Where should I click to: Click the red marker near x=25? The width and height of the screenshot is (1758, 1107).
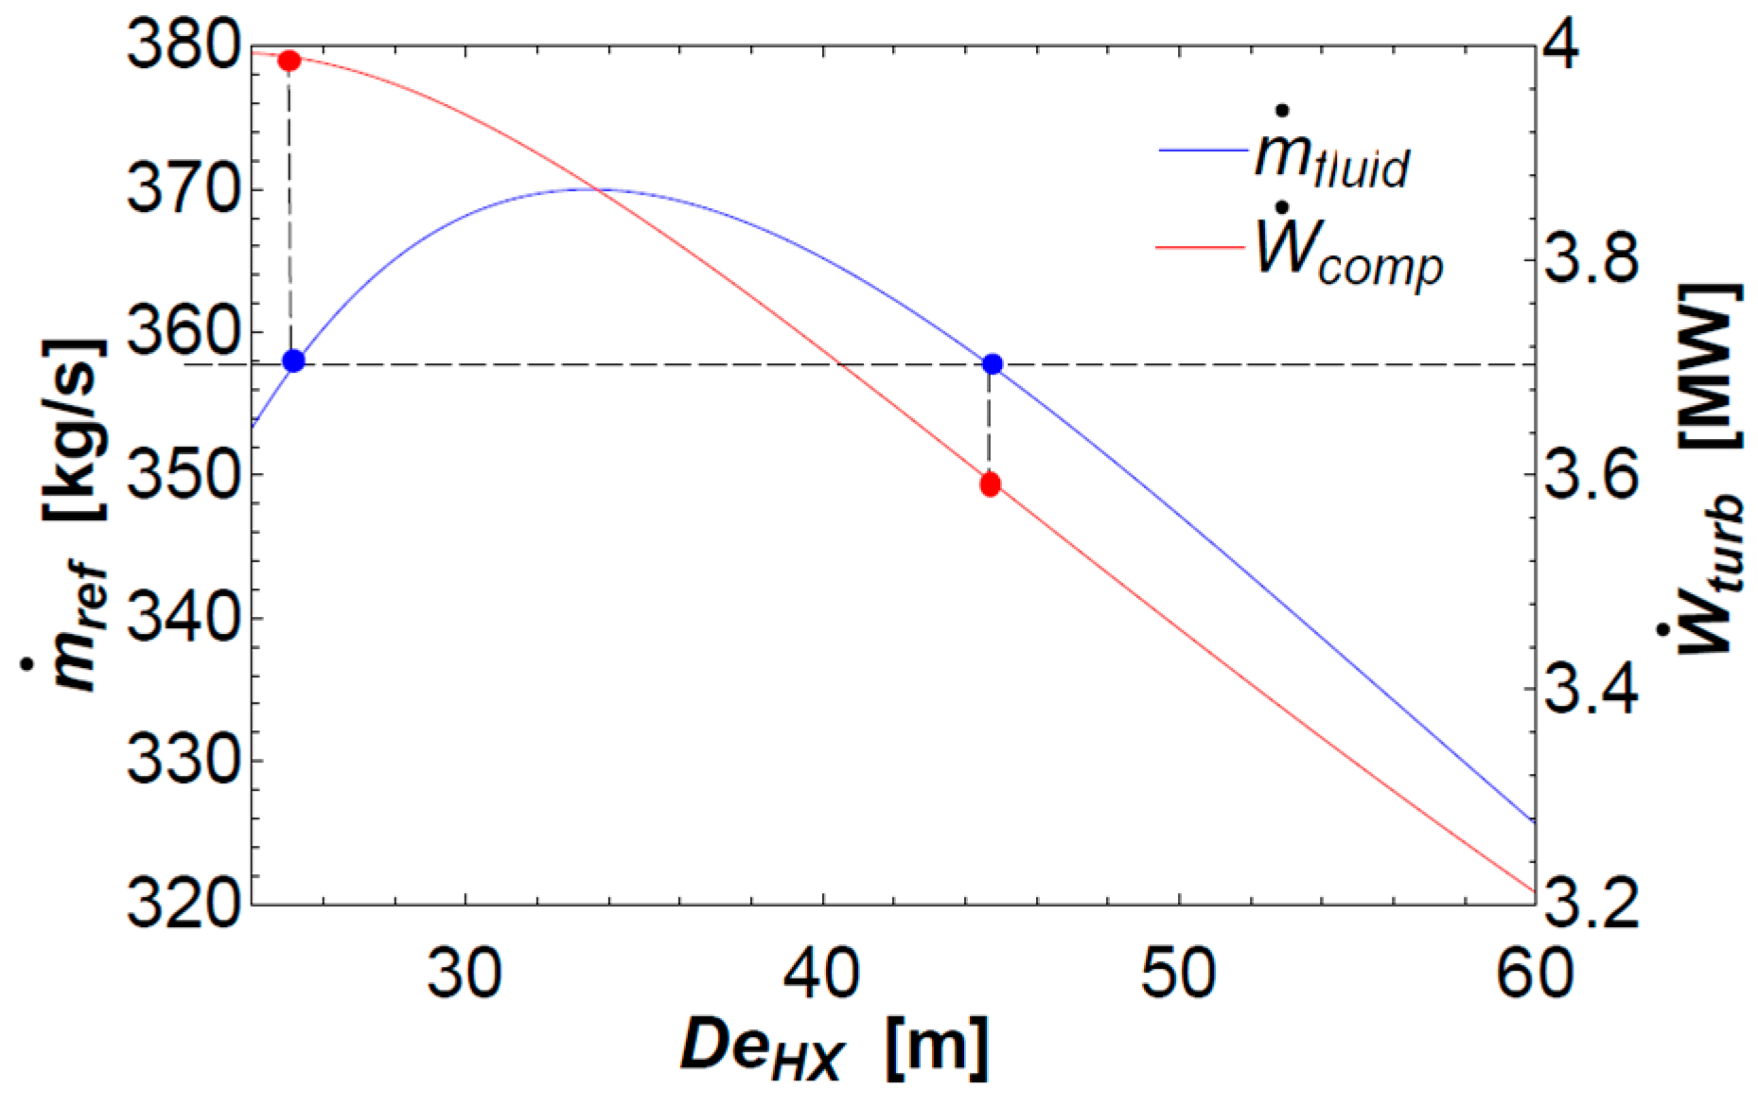coord(290,61)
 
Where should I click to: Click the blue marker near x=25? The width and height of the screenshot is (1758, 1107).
coord(293,360)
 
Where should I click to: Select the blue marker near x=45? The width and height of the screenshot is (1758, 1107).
coord(993,364)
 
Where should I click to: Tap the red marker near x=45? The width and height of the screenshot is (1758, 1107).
coord(991,484)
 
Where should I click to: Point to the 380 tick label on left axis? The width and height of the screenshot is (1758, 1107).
coord(181,45)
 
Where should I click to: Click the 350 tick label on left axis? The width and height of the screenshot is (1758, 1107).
coord(181,474)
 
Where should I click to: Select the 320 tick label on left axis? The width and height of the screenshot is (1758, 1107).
coord(181,904)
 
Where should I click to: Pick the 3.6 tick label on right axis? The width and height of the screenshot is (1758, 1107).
coord(1591,475)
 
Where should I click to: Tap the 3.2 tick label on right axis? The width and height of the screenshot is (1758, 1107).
coord(1591,904)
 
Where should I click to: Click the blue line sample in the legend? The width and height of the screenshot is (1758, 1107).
coord(1203,149)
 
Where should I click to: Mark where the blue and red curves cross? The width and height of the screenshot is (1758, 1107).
coord(595,190)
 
